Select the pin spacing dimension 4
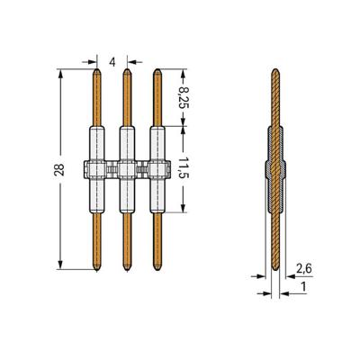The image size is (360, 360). click(112, 60)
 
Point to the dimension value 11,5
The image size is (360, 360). click(185, 169)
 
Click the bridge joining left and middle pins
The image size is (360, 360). click(112, 167)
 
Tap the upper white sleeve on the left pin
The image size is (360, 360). click(96, 142)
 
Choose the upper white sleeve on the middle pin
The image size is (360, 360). click(127, 142)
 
